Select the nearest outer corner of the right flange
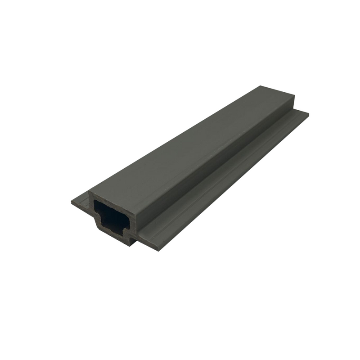pos(159,250)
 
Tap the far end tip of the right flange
pos(309,112)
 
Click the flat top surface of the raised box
pos(189,144)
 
